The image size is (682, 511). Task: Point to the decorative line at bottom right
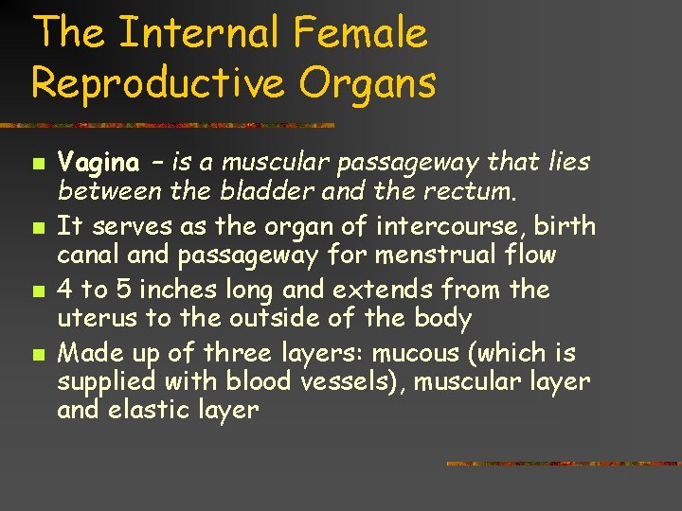click(563, 464)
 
